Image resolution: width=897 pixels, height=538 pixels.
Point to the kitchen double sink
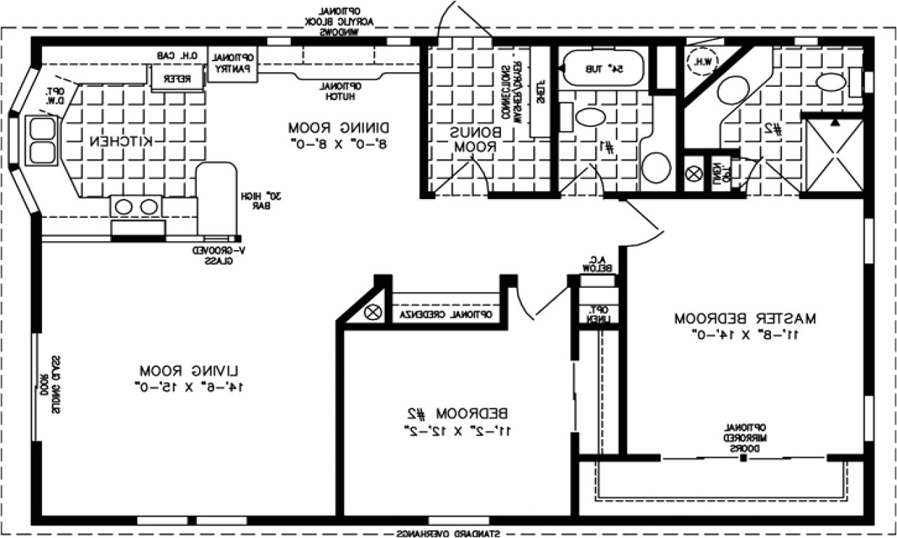point(43,138)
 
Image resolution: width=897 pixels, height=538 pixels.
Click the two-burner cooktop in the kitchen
point(136,207)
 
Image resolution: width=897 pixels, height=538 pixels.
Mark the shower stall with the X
point(834,155)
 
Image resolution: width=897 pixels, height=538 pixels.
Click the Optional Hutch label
point(341,90)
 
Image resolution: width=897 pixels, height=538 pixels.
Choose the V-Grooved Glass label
point(213,256)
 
